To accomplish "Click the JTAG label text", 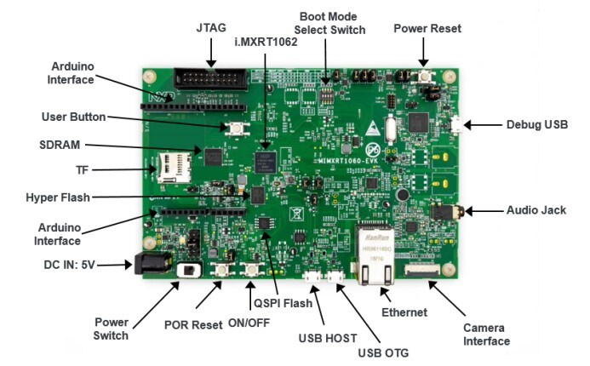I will (x=208, y=29).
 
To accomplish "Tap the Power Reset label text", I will (x=427, y=29).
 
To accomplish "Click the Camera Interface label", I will (x=487, y=335).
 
